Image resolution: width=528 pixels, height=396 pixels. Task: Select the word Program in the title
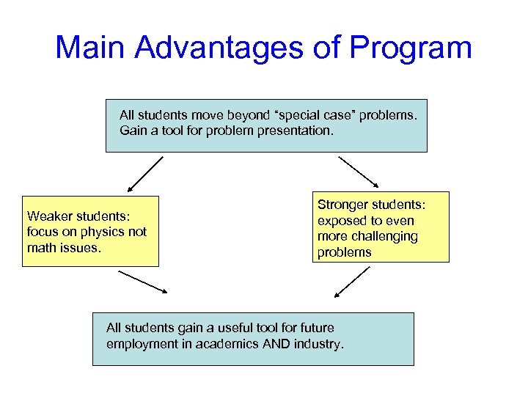click(411, 49)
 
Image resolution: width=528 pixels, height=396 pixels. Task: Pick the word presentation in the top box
click(296, 131)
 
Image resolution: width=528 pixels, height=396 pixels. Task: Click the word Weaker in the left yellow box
click(49, 216)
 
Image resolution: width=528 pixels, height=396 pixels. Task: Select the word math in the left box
click(41, 247)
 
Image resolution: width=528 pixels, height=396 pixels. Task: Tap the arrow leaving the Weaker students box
click(143, 282)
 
